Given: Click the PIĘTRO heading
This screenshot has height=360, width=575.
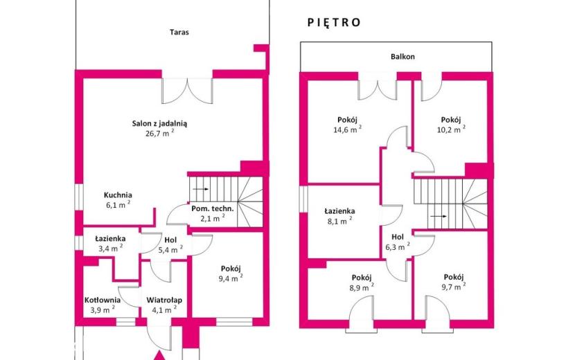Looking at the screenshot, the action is point(334,22).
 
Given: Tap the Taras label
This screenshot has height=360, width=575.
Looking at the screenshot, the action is point(179,33).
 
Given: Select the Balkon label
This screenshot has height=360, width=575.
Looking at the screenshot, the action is point(402,57).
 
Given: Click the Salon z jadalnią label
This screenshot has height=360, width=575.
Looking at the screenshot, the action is point(159,123).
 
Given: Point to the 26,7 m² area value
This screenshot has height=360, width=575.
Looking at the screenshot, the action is point(159,133).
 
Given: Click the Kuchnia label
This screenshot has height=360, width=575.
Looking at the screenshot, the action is point(118,195).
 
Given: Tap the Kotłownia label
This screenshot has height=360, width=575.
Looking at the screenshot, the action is point(103,300).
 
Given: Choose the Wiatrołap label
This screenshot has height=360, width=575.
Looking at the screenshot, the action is point(164,300).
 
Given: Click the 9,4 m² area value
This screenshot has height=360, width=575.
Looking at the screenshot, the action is point(231,278).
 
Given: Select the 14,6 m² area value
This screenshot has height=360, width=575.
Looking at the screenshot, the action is point(347,129).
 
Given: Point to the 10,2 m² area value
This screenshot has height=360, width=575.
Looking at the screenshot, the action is point(451,129).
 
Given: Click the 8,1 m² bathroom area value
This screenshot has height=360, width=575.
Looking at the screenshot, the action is point(339,221).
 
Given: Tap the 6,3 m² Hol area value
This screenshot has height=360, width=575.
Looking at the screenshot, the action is point(398,246).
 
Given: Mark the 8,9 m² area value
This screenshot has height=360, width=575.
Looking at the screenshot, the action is point(362,287).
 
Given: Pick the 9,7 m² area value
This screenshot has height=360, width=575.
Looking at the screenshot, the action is point(454,287).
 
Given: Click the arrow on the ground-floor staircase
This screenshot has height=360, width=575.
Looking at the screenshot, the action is point(201,189).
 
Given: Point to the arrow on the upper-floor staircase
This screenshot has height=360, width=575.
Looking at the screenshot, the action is point(439,216).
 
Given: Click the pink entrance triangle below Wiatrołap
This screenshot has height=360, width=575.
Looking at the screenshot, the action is point(159,356).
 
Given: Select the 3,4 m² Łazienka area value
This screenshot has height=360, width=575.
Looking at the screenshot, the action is point(110,248).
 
